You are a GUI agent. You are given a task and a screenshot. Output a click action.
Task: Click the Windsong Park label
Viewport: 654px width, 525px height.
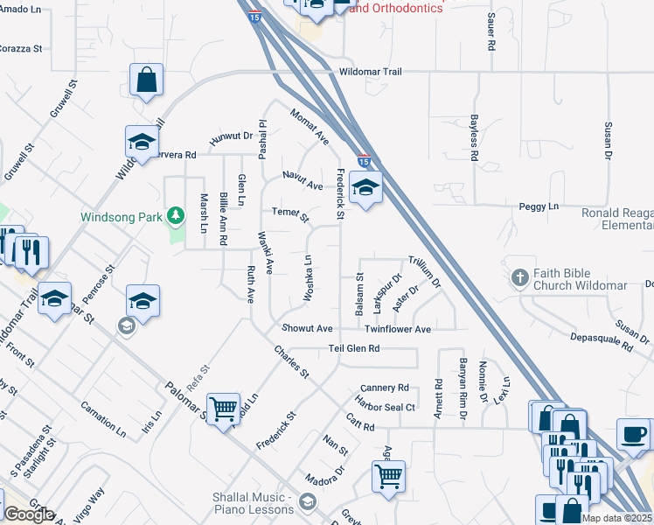pyautogui.click(x=122, y=217)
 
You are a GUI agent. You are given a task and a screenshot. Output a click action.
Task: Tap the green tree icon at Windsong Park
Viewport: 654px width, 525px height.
pyautogui.click(x=175, y=215)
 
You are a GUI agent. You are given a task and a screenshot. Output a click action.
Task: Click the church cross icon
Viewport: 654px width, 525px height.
pyautogui.click(x=519, y=278)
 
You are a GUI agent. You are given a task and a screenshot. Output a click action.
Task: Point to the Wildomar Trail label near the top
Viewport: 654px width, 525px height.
pyautogui.click(x=370, y=72)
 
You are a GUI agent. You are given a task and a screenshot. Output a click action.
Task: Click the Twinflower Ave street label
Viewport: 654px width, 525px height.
pyautogui.click(x=398, y=329)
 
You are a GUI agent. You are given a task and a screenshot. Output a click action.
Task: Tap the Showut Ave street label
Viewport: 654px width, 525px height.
pyautogui.click(x=307, y=328)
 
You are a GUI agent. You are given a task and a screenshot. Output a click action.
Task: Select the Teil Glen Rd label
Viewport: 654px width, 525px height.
pyautogui.click(x=354, y=347)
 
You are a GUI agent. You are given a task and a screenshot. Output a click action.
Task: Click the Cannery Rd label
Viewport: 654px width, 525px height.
pyautogui.click(x=385, y=388)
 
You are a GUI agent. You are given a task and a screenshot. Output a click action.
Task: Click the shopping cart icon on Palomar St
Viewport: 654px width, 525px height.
pyautogui.click(x=223, y=407)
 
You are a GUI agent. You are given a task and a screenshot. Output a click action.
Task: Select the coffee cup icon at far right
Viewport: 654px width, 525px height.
pyautogui.click(x=633, y=432)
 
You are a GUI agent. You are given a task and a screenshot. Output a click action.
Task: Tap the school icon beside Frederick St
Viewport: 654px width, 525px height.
pyautogui.click(x=365, y=186)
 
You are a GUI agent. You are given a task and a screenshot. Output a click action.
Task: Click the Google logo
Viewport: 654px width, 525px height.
pyautogui.click(x=28, y=514)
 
